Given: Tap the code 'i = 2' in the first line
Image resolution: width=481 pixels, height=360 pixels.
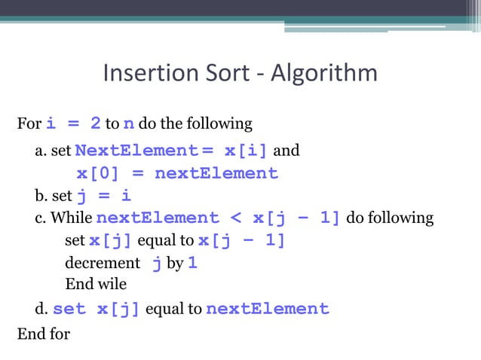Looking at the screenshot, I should (74, 123).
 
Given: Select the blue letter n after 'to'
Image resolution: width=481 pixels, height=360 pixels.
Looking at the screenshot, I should (130, 123).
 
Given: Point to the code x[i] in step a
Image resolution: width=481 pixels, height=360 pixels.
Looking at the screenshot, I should (246, 151).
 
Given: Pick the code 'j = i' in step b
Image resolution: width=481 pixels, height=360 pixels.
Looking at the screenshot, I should (105, 197).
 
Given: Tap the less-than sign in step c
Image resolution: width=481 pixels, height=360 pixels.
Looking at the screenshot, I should (235, 218).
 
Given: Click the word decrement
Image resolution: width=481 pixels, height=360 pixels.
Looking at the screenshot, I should (103, 264).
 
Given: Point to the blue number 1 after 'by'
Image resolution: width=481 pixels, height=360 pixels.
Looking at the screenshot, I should (192, 264).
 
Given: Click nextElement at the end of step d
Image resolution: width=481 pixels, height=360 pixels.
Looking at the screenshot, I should (267, 309).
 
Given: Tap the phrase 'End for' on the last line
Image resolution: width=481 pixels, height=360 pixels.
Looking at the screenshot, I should (43, 332).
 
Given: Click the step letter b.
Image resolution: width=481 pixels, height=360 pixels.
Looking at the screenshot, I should (39, 197).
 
